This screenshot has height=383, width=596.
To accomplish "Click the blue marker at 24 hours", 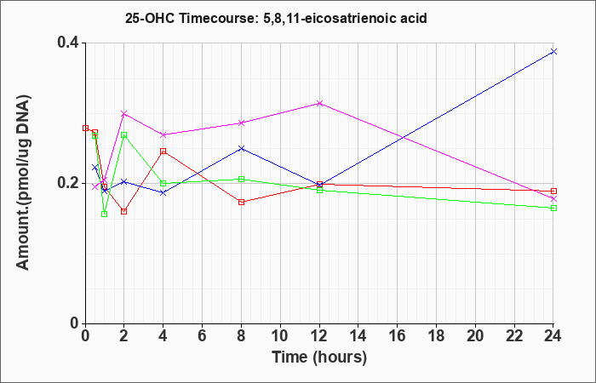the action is coord(553,51).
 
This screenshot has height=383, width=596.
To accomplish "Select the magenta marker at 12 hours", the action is coord(319,103).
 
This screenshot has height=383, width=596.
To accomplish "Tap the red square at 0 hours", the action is coord(85,128).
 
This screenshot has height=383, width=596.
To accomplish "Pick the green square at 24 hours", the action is coord(553,208).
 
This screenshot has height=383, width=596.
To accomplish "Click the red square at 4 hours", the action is coord(163,151).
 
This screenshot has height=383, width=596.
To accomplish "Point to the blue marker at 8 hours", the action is coord(241,148).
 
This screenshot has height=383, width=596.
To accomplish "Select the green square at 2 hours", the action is coord(124,134).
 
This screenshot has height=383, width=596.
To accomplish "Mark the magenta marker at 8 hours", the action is coord(241,123).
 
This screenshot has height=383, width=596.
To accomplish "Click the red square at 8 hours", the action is coord(241,202).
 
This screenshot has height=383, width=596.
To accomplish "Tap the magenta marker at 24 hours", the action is coord(553,198).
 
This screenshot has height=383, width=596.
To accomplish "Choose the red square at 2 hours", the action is coord(124,211).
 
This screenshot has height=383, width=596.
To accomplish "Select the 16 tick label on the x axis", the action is coord(398,336).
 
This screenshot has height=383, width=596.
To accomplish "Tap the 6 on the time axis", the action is coord(202,336).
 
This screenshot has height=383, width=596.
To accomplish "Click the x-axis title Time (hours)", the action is coord(319,357).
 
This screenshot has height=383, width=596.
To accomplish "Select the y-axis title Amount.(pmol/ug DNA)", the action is coord(24,183).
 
